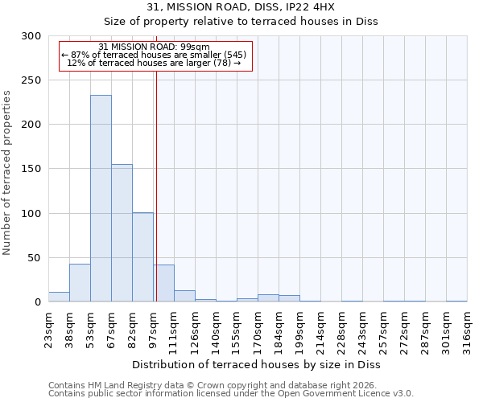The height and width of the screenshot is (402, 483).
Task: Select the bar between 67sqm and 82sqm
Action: click(122, 233)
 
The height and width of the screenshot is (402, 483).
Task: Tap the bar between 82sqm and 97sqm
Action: click(142, 257)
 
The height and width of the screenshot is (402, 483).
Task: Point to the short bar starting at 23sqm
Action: click(59, 297)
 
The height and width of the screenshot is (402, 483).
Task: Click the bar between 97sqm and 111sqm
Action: click(164, 283)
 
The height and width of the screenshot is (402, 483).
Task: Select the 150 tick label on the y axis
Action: click(31, 169)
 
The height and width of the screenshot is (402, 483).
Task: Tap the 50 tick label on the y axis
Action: click(34, 258)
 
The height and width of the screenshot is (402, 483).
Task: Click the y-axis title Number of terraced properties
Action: click(8, 173)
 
